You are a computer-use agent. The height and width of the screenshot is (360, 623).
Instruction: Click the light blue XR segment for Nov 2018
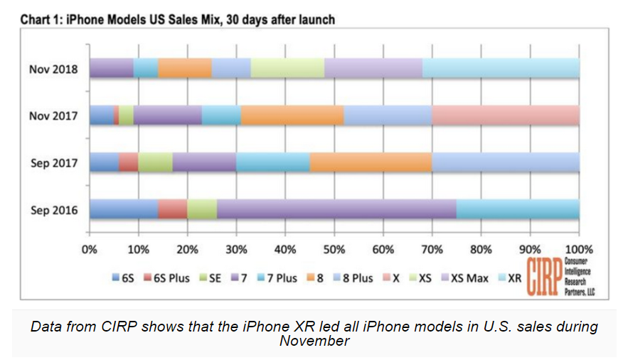(501, 69)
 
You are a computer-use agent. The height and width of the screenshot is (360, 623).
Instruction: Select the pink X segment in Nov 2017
(506, 115)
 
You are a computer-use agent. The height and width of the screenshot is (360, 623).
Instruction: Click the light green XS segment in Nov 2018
(287, 69)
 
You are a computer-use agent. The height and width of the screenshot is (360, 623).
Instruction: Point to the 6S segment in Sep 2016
(123, 209)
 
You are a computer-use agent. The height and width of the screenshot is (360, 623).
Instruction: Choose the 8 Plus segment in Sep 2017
(506, 162)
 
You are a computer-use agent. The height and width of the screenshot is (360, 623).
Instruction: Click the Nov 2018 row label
(53, 70)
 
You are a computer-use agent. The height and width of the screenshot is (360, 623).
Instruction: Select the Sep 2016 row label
(54, 209)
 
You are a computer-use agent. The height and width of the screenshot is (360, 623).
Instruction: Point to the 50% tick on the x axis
(334, 250)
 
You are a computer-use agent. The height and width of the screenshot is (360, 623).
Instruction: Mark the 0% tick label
(90, 250)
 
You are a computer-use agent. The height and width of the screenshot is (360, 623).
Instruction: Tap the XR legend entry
(513, 278)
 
